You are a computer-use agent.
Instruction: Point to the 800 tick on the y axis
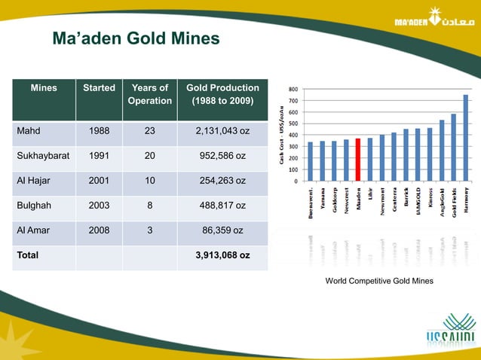pyautogui.click(x=292, y=89)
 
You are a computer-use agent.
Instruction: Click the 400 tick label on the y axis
pyautogui.click(x=292, y=135)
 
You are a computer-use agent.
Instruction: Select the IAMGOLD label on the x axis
pyautogui.click(x=418, y=198)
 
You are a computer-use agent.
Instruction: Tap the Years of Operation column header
pyautogui.click(x=149, y=94)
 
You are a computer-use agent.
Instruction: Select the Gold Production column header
pyautogui.click(x=222, y=94)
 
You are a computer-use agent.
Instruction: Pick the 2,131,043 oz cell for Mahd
pyautogui.click(x=222, y=131)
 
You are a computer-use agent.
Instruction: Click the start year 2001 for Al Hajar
pyautogui.click(x=99, y=182)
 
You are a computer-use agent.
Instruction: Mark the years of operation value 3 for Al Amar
pyautogui.click(x=149, y=230)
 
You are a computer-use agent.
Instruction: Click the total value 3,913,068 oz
pyautogui.click(x=222, y=255)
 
